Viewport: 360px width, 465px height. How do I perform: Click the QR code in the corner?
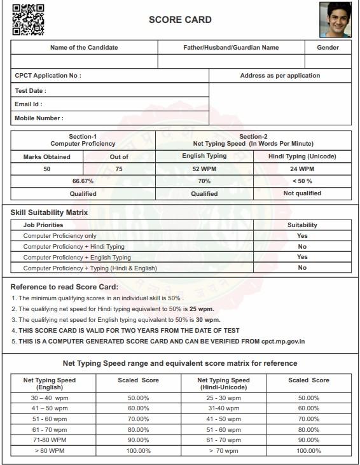click(28, 19)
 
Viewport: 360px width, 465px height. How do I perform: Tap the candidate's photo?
click(335, 20)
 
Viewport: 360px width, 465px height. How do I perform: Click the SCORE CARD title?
click(180, 20)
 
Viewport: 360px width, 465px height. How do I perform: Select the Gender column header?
click(328, 48)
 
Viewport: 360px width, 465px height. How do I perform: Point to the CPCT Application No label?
click(48, 76)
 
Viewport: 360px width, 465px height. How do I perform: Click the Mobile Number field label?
click(39, 118)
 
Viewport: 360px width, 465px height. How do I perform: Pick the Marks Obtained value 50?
click(47, 169)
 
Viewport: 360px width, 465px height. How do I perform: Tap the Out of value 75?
click(119, 169)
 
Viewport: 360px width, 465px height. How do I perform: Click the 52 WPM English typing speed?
click(204, 169)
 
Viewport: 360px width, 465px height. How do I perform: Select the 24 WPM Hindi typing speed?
click(302, 169)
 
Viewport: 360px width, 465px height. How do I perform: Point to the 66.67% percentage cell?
click(83, 181)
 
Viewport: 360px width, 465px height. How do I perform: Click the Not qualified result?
click(302, 193)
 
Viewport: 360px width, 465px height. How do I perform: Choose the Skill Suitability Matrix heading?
click(49, 212)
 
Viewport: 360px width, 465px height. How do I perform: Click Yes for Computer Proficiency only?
click(302, 235)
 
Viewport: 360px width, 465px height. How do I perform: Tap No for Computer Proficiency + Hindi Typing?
click(302, 246)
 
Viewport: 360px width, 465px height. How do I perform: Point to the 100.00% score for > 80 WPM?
click(138, 450)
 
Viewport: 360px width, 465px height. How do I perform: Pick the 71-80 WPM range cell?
click(49, 440)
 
